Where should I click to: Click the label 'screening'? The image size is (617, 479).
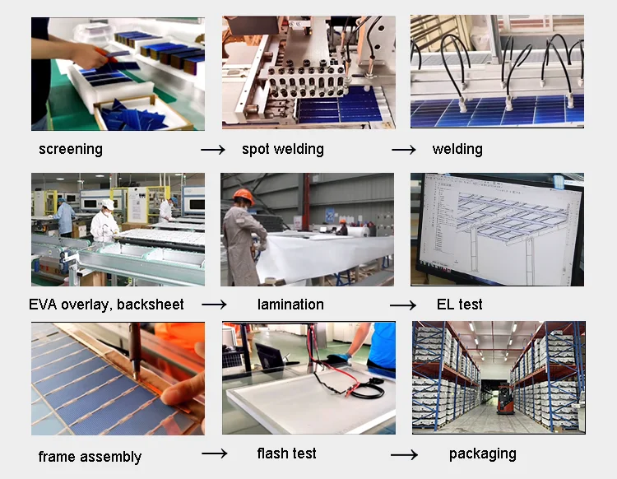tap(71, 150)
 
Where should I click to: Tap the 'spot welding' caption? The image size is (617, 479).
tap(282, 150)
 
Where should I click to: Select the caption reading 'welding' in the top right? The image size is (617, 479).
tap(457, 150)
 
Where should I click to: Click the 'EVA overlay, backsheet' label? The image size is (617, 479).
tap(106, 305)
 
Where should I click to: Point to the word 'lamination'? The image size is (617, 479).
tap(290, 305)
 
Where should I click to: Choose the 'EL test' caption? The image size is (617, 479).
tap(459, 305)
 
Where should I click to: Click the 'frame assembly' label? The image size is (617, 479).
tap(90, 457)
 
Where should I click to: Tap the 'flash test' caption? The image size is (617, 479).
tap(286, 453)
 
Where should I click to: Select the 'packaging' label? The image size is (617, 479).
tap(482, 453)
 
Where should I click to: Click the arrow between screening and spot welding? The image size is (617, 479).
tap(213, 151)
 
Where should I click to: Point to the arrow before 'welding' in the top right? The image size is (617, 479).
tap(403, 151)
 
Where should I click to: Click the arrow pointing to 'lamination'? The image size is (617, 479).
tap(213, 305)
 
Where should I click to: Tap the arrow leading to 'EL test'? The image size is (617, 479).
tap(403, 305)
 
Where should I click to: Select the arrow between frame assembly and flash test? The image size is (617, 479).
tap(214, 454)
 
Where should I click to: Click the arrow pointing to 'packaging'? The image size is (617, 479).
tap(403, 455)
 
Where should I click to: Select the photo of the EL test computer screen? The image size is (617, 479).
tap(497, 230)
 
